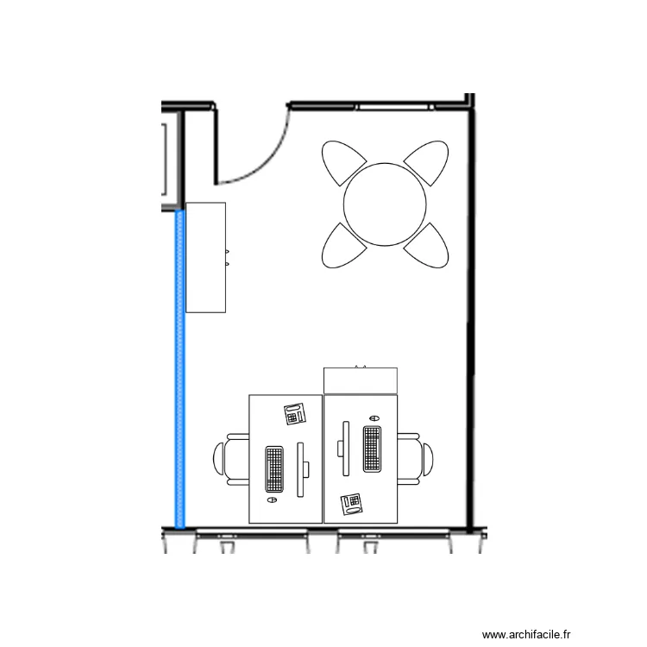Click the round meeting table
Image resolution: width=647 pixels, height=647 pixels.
(x=385, y=204)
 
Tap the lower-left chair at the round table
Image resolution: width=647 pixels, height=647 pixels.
(x=342, y=247)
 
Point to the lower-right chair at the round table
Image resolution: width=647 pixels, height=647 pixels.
(x=428, y=246)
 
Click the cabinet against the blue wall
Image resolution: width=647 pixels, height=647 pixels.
(x=206, y=257)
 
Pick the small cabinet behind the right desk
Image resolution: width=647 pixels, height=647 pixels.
(x=361, y=380)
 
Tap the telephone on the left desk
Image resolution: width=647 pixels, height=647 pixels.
(x=295, y=414)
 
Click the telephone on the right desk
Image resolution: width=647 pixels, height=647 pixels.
(x=351, y=503)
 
